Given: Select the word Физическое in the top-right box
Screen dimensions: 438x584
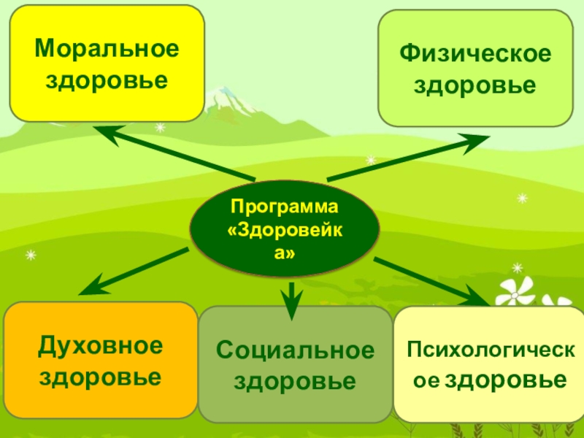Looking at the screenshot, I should (x=475, y=54).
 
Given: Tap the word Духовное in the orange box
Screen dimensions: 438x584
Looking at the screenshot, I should (x=101, y=345).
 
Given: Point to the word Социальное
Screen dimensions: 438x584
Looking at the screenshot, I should (x=296, y=350).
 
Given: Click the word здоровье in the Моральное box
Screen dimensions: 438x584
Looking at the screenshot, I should (x=107, y=79).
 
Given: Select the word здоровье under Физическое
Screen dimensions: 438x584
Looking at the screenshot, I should (x=475, y=86).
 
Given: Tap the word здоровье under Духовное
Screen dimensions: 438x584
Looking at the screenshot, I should (x=101, y=377).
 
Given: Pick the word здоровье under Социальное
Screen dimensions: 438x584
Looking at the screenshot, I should (x=296, y=382).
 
